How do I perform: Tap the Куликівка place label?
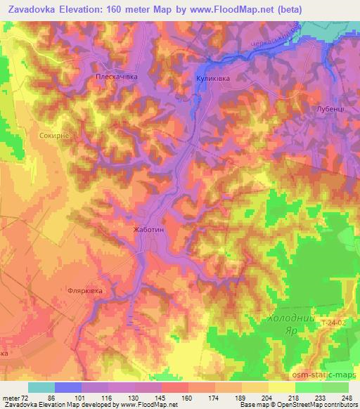coord(213,79)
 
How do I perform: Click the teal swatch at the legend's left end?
coord(41,387)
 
